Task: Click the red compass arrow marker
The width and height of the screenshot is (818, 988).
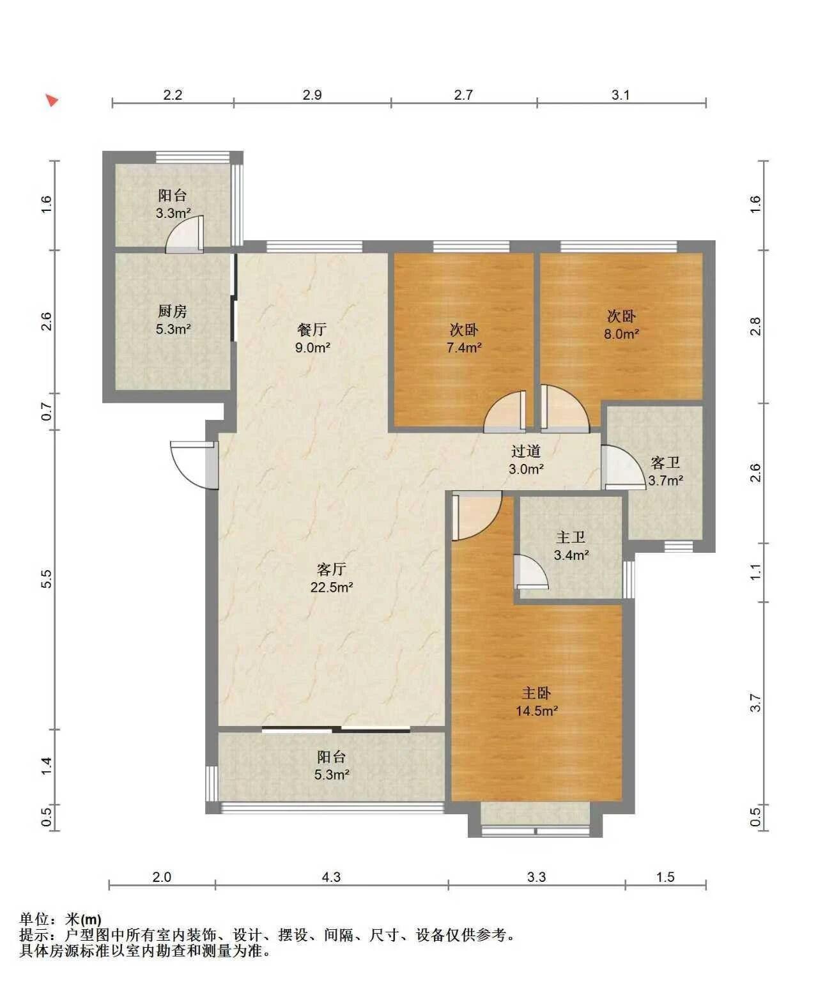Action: coord(52,100)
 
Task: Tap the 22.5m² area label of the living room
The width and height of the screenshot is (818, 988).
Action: coord(332,587)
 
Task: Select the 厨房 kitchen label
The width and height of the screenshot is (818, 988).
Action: coord(172,311)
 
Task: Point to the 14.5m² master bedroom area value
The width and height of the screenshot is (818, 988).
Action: coord(537,711)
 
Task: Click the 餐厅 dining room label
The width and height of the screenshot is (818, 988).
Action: coord(312,329)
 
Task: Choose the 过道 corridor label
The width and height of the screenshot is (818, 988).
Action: coord(525,451)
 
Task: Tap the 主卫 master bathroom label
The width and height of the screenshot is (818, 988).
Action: coord(571,537)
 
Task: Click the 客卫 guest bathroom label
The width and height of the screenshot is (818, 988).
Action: coord(665,462)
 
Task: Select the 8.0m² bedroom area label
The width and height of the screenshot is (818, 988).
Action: coord(621,334)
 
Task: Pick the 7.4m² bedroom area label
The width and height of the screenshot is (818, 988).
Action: coord(464,348)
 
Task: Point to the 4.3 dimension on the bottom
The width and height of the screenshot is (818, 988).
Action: coord(331,877)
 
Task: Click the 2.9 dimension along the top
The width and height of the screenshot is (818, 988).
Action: coord(313,95)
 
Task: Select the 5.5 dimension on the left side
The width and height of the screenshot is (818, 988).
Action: coord(47,579)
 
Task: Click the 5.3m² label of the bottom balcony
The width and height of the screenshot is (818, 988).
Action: coord(332,775)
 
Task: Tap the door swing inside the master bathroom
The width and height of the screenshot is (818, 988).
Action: coord(532,572)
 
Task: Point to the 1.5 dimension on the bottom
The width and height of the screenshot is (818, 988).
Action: coord(665,877)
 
